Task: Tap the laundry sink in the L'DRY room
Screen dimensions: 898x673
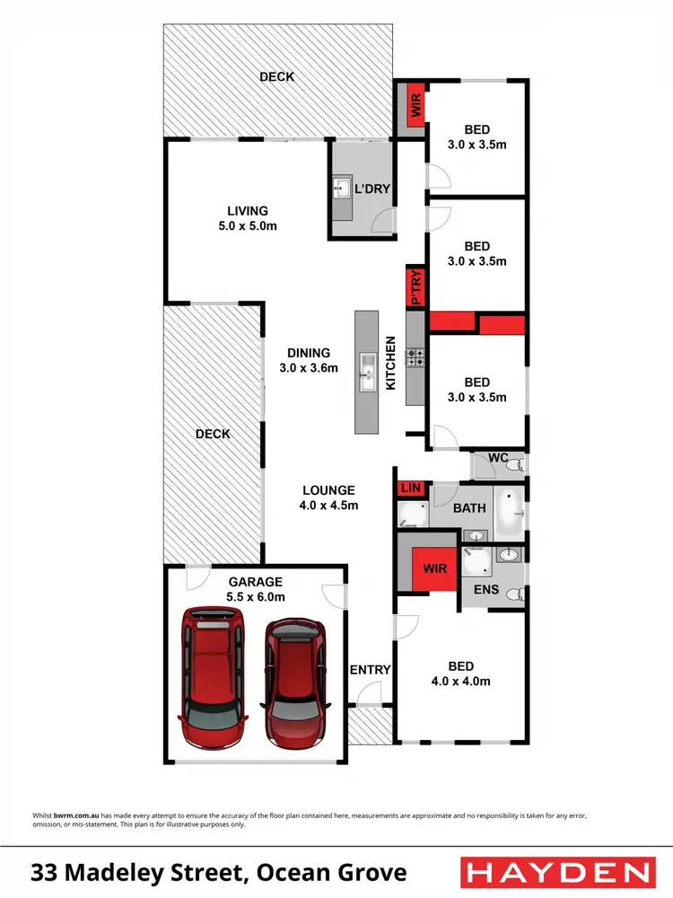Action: click(x=342, y=189)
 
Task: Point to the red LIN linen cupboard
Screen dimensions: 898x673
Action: click(x=411, y=489)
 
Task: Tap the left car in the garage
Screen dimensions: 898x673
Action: click(x=213, y=677)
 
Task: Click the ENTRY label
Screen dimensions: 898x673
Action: click(x=370, y=669)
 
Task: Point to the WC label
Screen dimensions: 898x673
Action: click(x=499, y=457)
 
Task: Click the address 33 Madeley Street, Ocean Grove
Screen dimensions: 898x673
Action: click(x=219, y=872)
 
